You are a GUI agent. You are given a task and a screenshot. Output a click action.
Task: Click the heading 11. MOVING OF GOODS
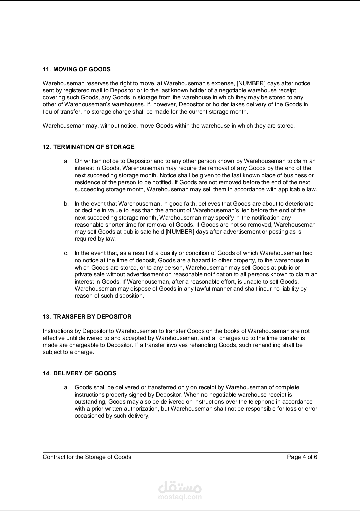click(77, 69)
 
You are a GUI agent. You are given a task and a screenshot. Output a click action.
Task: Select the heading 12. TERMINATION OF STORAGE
click(89, 147)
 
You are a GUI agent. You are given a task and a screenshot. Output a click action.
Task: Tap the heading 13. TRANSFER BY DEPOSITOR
click(87, 317)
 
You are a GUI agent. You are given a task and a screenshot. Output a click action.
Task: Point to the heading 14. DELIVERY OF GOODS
click(79, 373)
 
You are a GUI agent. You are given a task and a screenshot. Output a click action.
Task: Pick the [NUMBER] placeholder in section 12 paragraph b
click(180, 232)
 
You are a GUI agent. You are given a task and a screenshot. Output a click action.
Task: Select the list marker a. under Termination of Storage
click(66, 161)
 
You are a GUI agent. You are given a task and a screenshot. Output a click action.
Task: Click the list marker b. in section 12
click(66, 204)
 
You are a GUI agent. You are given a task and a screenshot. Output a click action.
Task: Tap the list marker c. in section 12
click(66, 253)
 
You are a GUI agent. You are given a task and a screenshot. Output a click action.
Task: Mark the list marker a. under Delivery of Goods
click(66, 388)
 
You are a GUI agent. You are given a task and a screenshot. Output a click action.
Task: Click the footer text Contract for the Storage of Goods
click(87, 457)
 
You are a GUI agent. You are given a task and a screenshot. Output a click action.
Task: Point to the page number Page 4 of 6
click(302, 457)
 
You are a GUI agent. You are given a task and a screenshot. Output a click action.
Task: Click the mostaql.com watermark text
click(180, 497)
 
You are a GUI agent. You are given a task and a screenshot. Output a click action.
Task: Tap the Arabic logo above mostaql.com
click(180, 487)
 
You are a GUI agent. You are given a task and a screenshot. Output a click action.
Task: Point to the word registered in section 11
click(70, 90)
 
